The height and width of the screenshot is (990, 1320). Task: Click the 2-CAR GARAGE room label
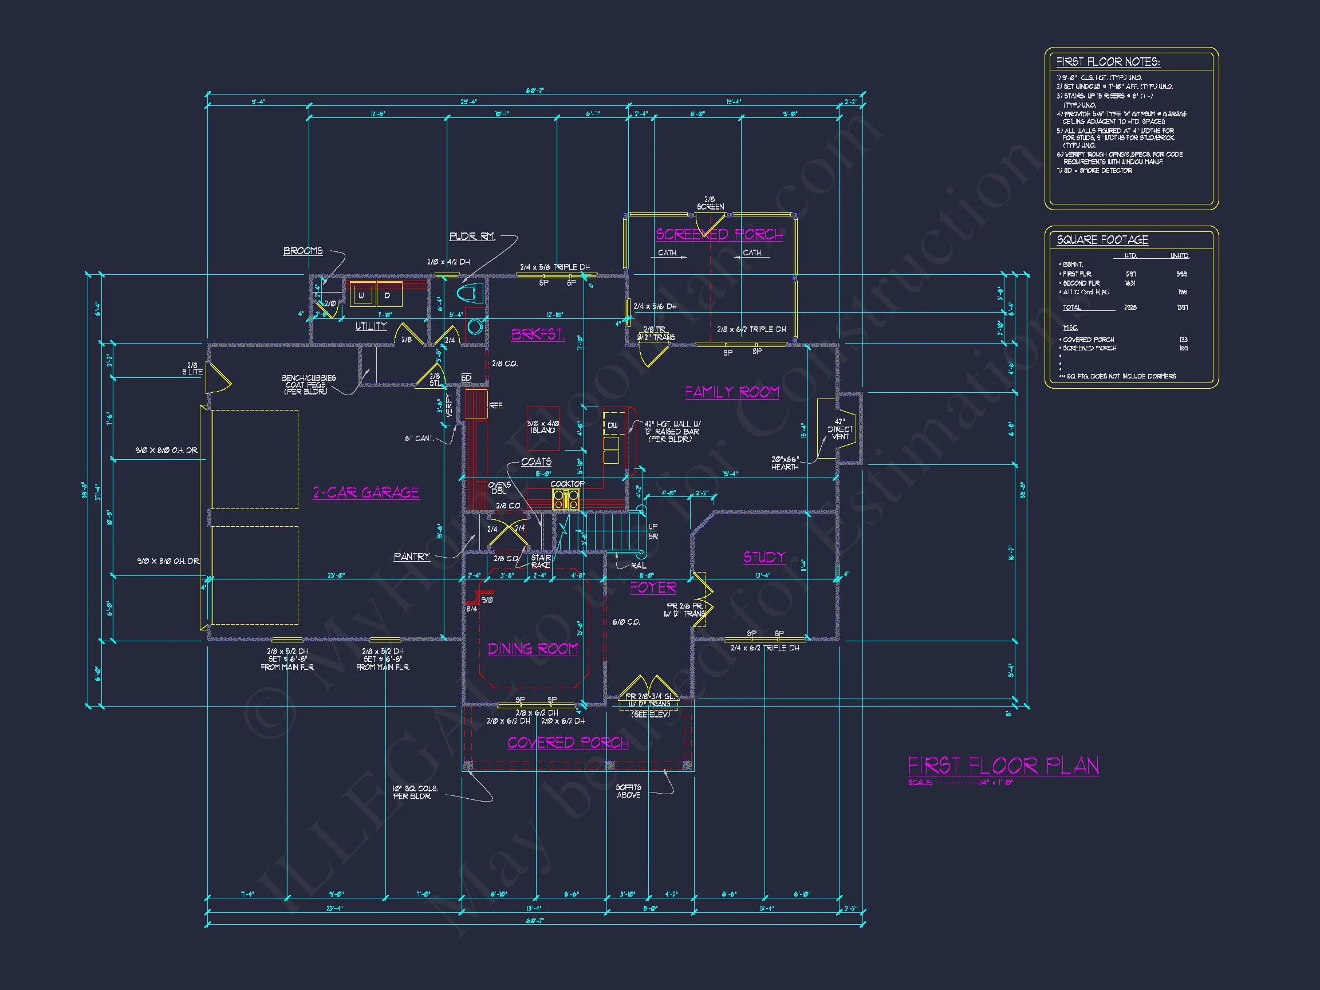pos(366,492)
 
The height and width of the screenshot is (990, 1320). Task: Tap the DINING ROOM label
pos(533,649)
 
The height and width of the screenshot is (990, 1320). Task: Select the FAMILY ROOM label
pos(732,392)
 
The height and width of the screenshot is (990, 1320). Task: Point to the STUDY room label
pos(764,557)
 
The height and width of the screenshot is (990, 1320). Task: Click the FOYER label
pos(653,588)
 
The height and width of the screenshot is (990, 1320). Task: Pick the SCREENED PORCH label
pos(719,235)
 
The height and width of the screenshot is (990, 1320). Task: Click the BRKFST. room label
pos(538,335)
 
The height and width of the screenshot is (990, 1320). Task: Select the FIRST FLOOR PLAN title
pos(1003,766)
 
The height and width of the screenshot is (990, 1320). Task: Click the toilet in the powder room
pos(471,294)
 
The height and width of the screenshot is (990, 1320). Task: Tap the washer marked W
pos(361,295)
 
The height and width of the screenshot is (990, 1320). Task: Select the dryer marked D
pos(387,295)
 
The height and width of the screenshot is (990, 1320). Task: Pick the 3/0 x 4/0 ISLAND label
pos(542,427)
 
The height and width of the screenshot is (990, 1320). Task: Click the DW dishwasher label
pos(612,425)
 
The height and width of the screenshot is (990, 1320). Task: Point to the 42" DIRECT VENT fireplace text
pos(840,429)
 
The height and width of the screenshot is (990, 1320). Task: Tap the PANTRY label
pos(412,557)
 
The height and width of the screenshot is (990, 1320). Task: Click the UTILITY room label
pos(371,326)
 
